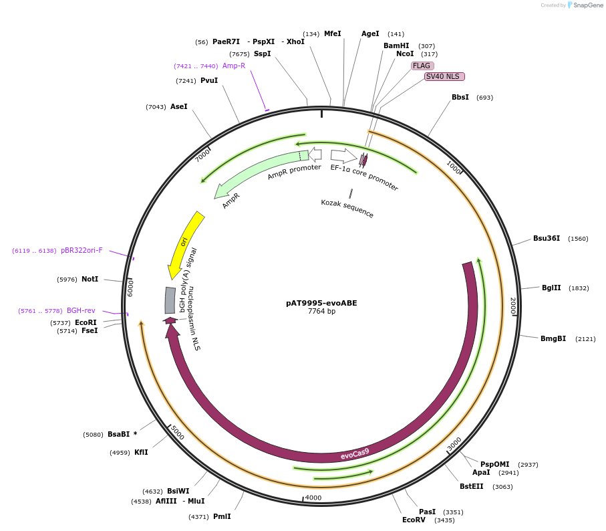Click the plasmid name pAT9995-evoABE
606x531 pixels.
coord(321,303)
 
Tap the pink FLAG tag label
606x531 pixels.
coord(422,66)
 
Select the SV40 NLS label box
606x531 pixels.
coord(444,76)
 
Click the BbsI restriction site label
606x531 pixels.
coord(460,97)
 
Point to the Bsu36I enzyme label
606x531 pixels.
coord(547,238)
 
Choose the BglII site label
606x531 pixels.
coord(551,288)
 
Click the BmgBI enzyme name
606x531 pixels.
coord(553,338)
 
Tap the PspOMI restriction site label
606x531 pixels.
coord(494,464)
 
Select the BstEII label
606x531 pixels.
coord(472,486)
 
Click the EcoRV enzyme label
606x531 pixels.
coord(414,520)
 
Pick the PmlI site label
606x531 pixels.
coord(222,516)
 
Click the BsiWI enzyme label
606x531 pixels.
coord(178,491)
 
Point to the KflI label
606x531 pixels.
coord(141,452)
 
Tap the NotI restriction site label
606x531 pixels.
coord(90,279)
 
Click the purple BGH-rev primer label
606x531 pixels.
coord(81,310)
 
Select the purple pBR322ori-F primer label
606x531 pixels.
coord(82,250)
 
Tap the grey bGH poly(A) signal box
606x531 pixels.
coord(170,300)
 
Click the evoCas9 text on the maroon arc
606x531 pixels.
coord(355,454)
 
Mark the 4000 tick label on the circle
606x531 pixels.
coord(313,498)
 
